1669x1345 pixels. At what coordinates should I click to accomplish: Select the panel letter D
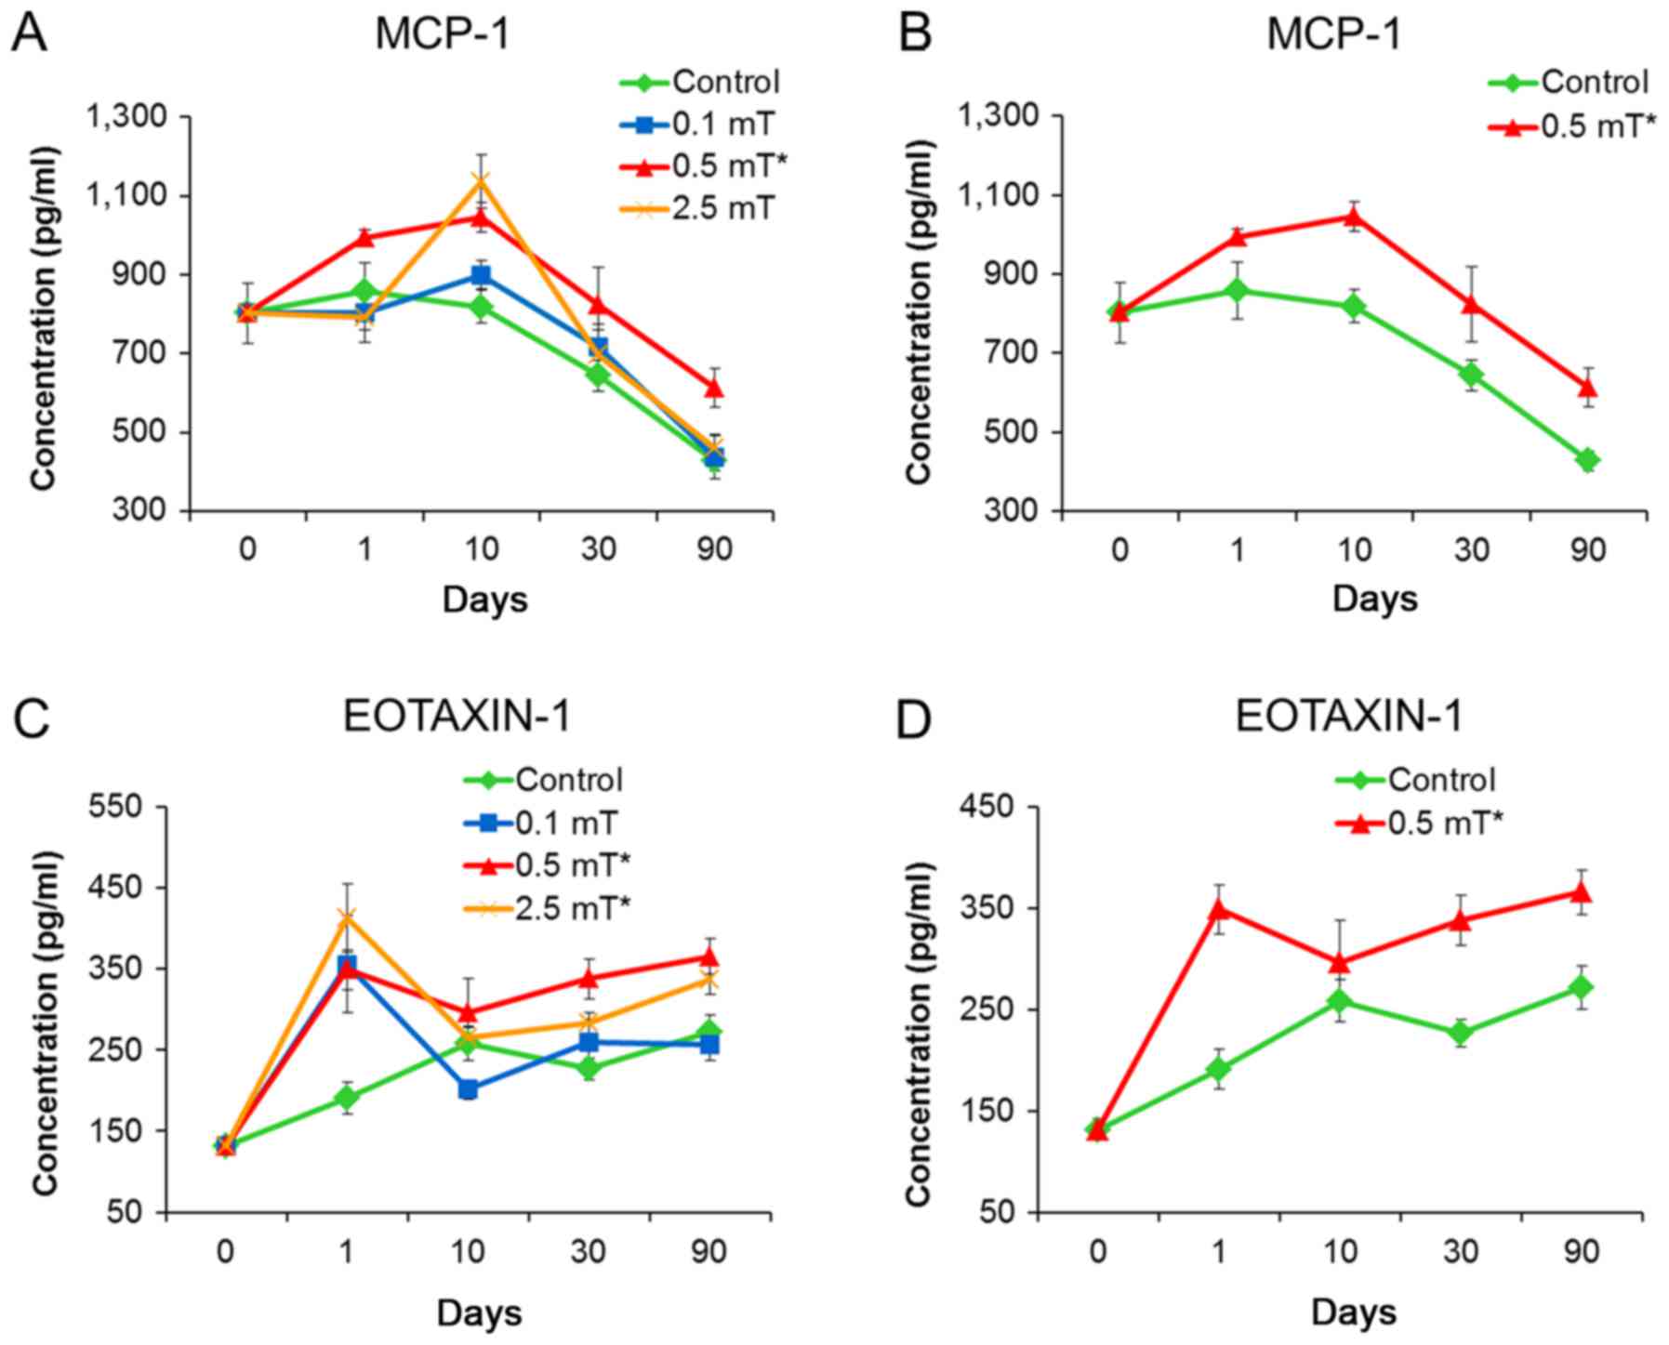coord(913,719)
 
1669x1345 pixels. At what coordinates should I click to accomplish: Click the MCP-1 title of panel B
coord(1333,34)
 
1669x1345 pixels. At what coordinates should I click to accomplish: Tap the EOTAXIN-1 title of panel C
coord(457,717)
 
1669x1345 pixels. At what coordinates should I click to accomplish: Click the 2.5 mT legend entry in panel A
coord(722,208)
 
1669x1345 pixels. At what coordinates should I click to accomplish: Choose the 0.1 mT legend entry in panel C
coord(566,823)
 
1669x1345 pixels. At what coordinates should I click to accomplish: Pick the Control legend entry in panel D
coord(1441,779)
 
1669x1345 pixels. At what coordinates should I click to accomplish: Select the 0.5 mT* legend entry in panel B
coord(1598,125)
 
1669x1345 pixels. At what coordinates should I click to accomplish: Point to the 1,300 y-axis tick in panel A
coord(126,117)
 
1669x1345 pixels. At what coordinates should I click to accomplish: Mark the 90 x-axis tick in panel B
coord(1588,550)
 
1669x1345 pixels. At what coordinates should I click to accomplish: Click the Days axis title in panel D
coord(1354,1312)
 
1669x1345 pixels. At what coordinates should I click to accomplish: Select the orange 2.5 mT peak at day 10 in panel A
coord(482,180)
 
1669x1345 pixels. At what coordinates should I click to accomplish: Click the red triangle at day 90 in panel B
coord(1588,387)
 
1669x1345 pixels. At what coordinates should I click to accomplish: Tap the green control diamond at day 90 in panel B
coord(1588,459)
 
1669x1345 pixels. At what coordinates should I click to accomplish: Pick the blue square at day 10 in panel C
coord(468,1088)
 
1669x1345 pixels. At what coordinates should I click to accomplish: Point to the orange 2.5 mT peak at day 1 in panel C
coord(347,917)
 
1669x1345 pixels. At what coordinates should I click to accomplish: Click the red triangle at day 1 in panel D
coord(1219,908)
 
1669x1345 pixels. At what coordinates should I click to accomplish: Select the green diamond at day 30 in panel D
coord(1461,1033)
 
